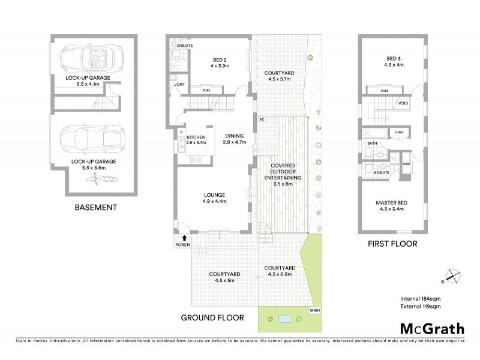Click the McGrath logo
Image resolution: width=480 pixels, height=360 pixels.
(x=432, y=328)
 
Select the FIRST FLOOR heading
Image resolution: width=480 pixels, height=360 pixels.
(x=393, y=244)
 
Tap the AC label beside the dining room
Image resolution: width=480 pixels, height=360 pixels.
(x=262, y=119)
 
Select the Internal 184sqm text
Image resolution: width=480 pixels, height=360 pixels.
(x=421, y=298)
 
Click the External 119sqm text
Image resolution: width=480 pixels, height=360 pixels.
(x=421, y=307)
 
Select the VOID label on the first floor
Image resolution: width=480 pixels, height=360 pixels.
(x=403, y=103)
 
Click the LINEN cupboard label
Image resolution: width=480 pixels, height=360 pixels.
(x=397, y=133)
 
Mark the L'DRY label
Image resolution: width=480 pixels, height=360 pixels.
(x=178, y=84)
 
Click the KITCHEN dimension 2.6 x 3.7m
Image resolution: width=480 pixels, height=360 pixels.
(x=196, y=143)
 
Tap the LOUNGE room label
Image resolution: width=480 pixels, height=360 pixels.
(x=214, y=194)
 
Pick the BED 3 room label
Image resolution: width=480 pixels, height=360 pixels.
(x=393, y=58)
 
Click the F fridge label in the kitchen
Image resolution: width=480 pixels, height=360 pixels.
(x=181, y=131)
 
